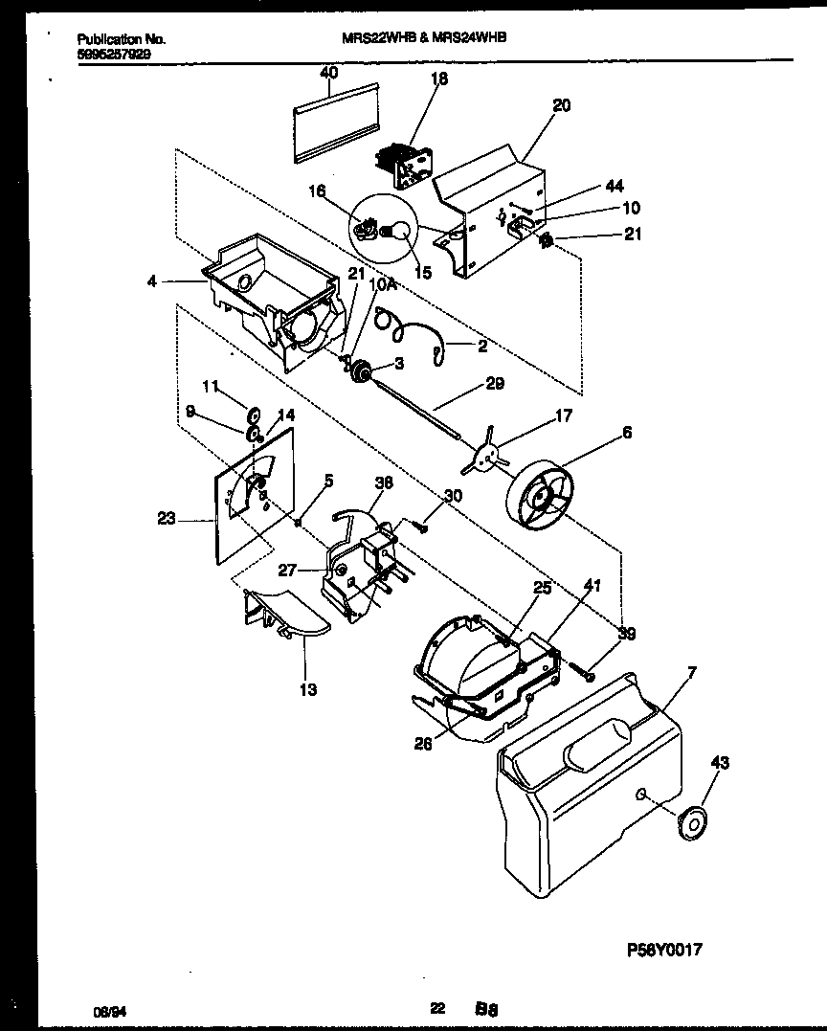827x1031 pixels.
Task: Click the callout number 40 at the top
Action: coord(328,73)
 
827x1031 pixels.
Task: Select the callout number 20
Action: coord(561,105)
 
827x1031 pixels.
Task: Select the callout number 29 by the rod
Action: coord(494,383)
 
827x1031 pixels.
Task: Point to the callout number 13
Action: coord(308,689)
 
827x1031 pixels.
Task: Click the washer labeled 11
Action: coord(255,415)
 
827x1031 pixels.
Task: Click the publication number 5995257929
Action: coord(112,55)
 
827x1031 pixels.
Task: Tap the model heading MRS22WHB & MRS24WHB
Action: coord(424,37)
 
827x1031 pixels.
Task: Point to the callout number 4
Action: coord(152,281)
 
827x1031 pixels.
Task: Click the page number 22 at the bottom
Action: coord(436,1007)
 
